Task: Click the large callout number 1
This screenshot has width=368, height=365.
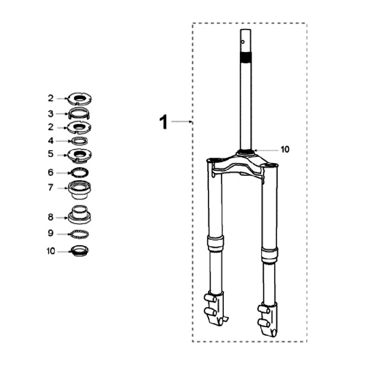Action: pyautogui.click(x=164, y=122)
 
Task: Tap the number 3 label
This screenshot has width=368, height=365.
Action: pyautogui.click(x=51, y=113)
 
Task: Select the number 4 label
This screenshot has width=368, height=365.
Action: pyautogui.click(x=51, y=141)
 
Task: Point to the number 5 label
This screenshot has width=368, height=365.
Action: pyautogui.click(x=51, y=154)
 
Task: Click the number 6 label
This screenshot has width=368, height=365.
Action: pyautogui.click(x=51, y=172)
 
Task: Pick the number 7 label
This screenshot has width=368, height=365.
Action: pyautogui.click(x=51, y=188)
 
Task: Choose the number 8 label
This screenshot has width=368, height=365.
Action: pyautogui.click(x=51, y=217)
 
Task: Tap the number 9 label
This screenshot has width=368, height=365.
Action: pyautogui.click(x=51, y=233)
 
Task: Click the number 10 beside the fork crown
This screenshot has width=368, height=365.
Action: pyautogui.click(x=285, y=149)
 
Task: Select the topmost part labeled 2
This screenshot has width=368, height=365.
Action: pyautogui.click(x=80, y=99)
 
